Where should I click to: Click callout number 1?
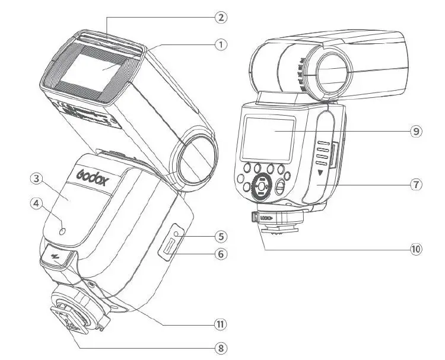tap(221, 44)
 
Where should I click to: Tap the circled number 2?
tap(221, 17)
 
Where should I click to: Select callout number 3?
tap(36, 179)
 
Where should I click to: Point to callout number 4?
tap(36, 203)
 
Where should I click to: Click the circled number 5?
tap(221, 236)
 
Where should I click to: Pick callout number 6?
tap(221, 254)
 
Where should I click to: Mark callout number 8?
tap(221, 348)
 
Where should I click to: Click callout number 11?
tap(221, 324)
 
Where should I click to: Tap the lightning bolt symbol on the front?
tap(58, 257)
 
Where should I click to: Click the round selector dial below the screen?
tap(259, 186)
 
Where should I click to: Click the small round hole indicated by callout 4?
tap(63, 224)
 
